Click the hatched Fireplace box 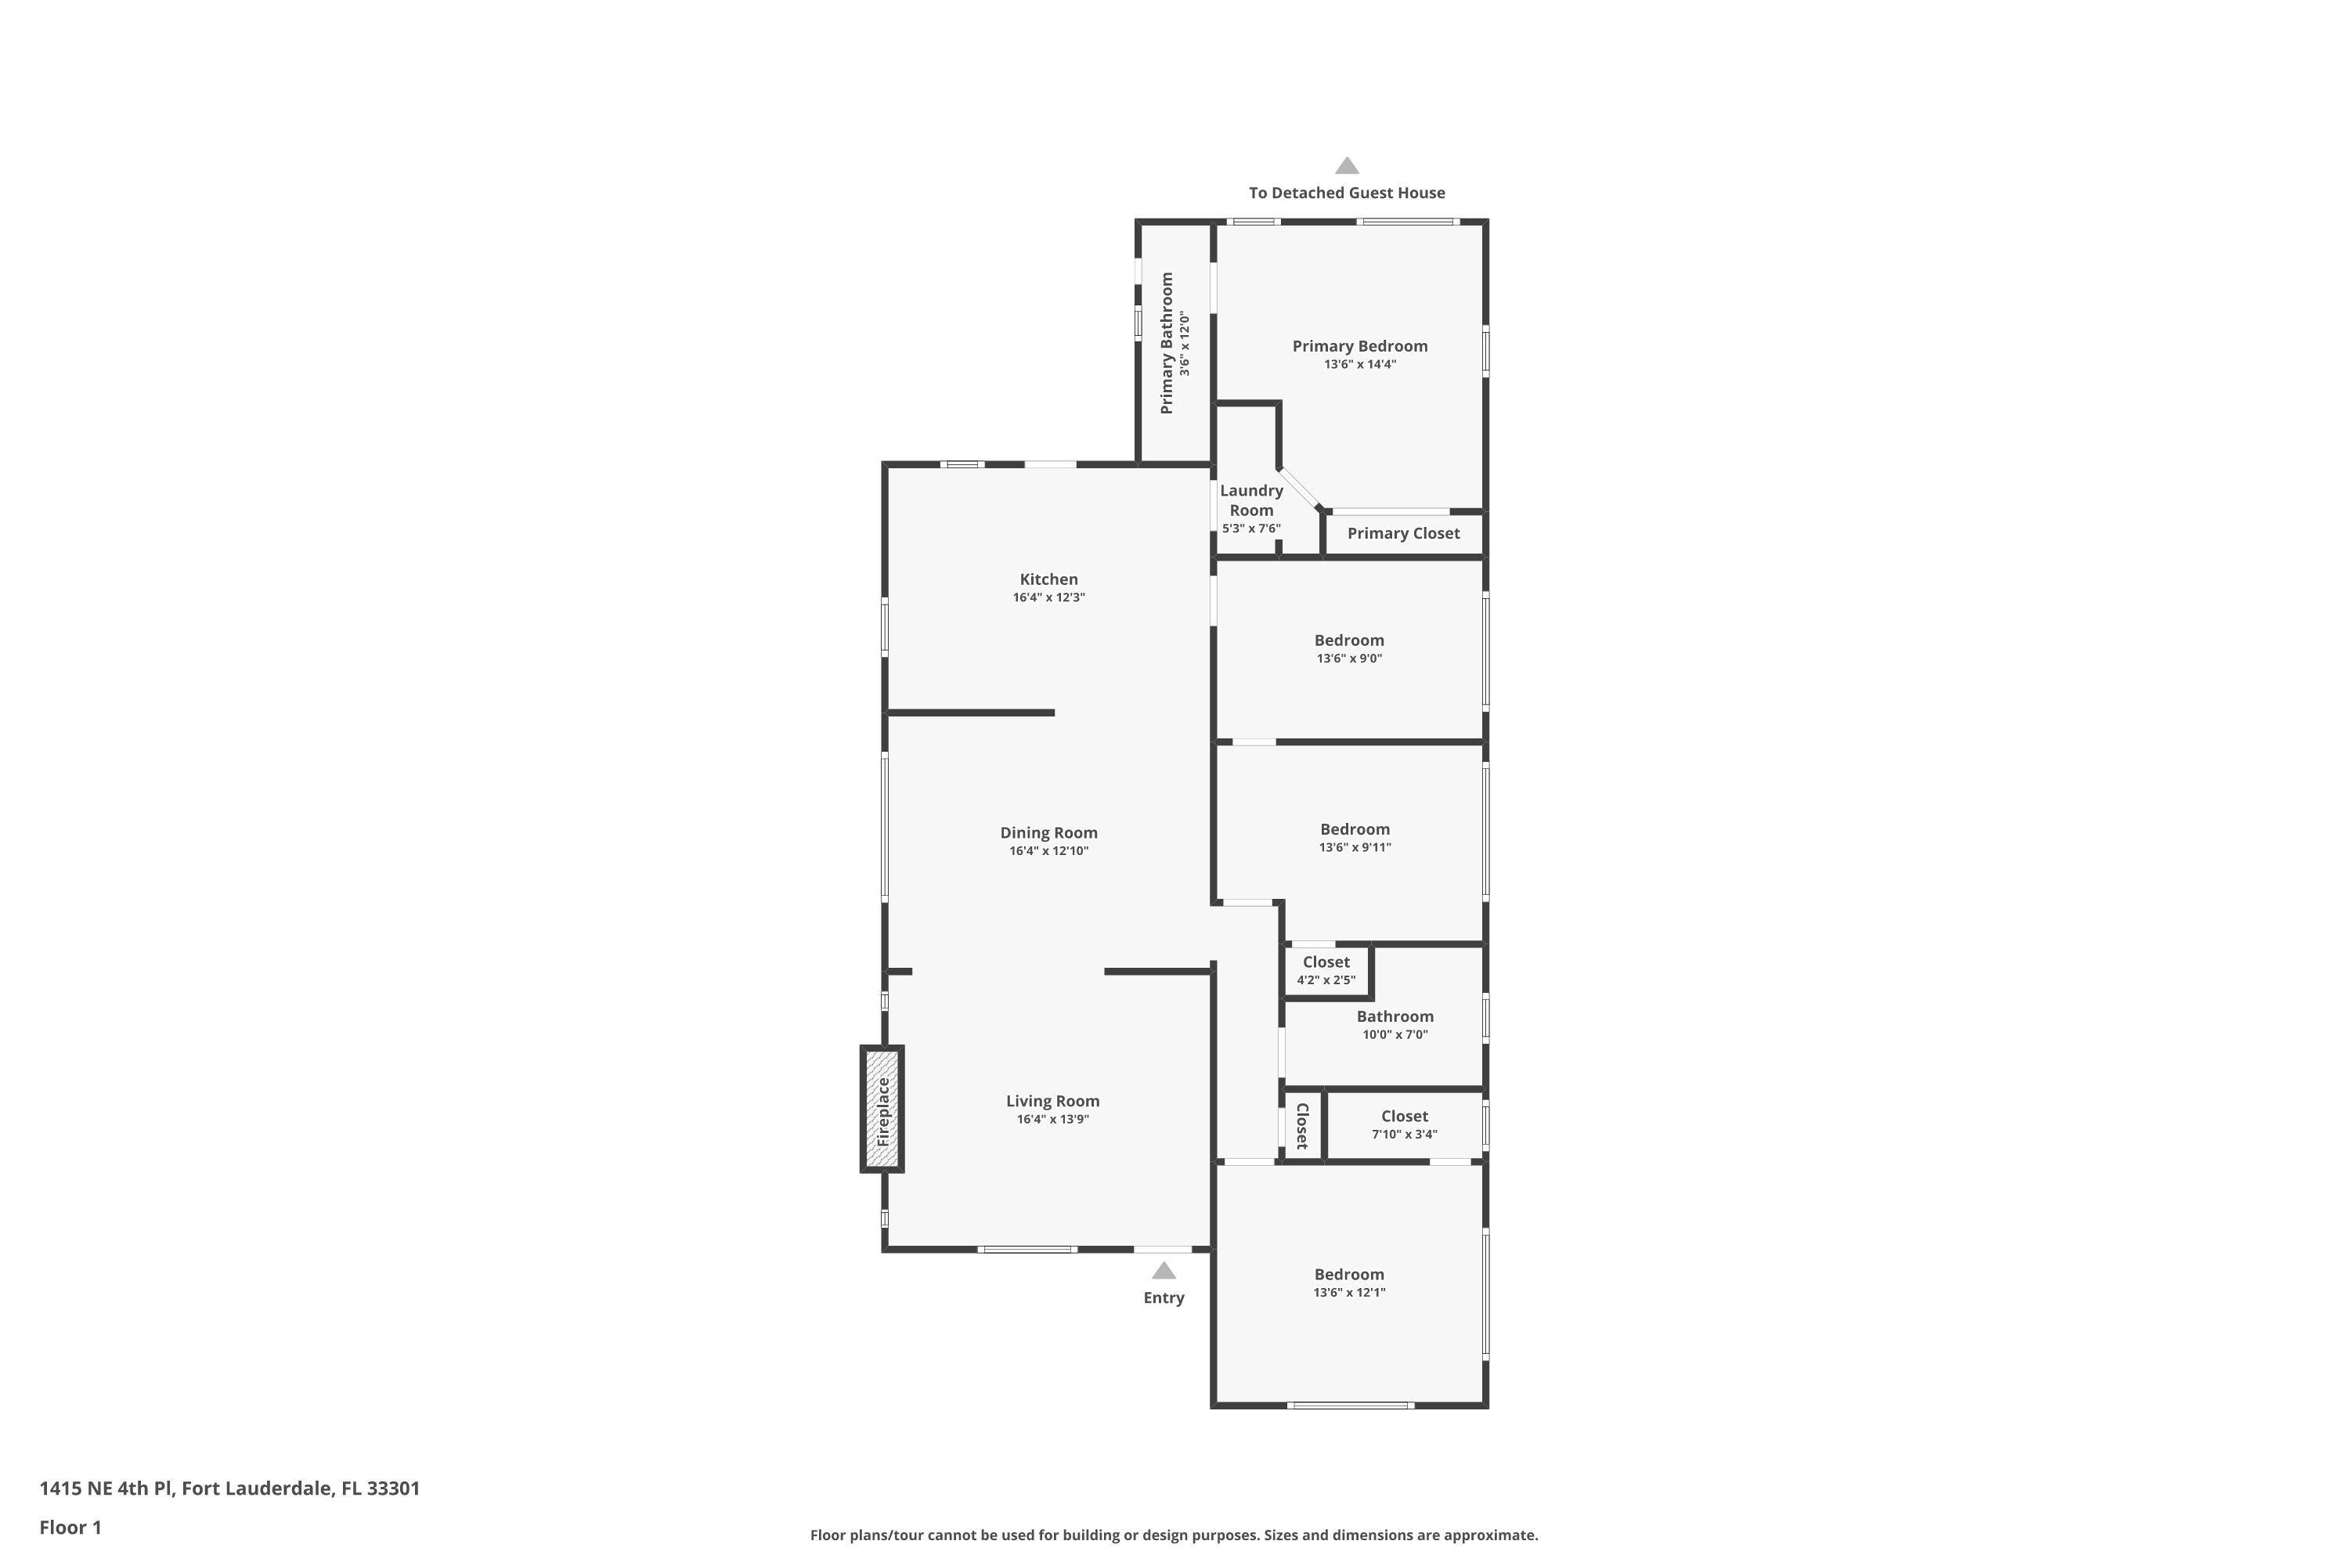tap(882, 1109)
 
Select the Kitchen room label tap(1048, 579)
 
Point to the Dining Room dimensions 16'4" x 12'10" tap(1048, 851)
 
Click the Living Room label tap(1052, 1101)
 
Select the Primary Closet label tap(1403, 533)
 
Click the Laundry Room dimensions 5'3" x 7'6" tap(1251, 529)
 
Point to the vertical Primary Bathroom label tap(1167, 343)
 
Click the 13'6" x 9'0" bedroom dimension tap(1349, 659)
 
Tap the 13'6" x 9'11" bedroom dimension tap(1355, 847)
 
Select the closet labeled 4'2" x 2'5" tap(1326, 971)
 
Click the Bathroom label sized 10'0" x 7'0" tap(1395, 1016)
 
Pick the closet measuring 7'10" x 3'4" tap(1404, 1124)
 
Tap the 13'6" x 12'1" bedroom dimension tap(1349, 1293)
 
